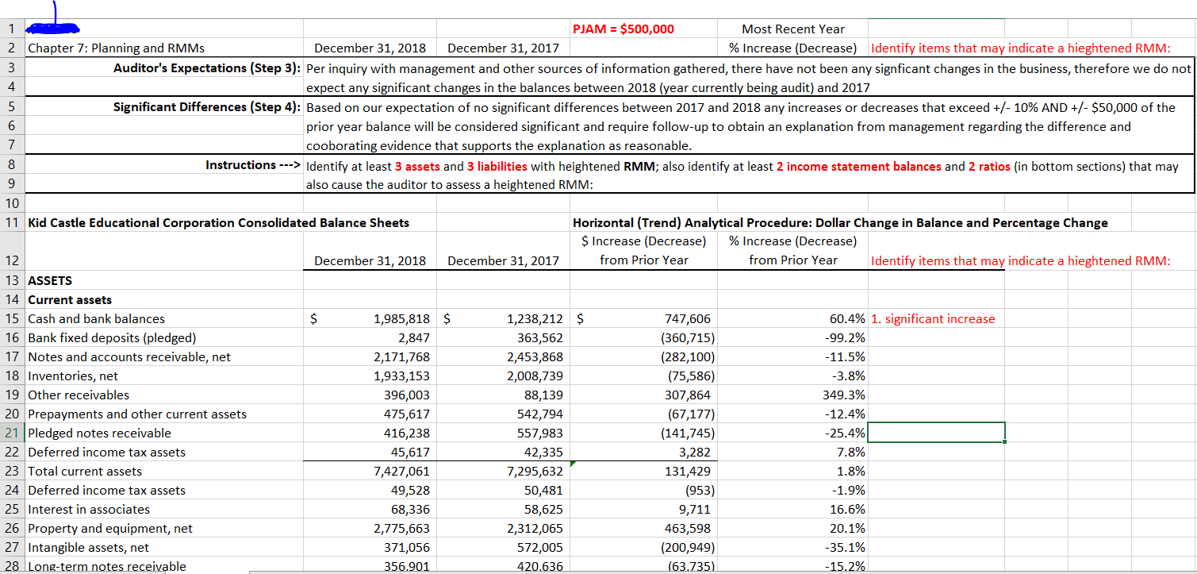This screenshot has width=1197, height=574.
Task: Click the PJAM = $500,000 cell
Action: [x=623, y=29]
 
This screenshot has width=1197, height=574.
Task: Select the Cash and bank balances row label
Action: [x=96, y=319]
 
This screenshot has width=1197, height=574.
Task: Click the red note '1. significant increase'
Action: [x=932, y=319]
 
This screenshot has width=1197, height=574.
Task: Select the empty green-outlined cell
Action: [x=936, y=433]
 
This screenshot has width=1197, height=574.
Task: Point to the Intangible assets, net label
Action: [x=88, y=548]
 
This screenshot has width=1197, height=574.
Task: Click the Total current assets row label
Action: [x=85, y=472]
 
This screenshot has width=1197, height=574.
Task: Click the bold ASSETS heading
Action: [x=49, y=281]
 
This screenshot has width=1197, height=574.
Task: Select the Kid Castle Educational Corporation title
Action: [x=218, y=223]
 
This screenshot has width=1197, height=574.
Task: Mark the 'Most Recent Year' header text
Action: [x=792, y=29]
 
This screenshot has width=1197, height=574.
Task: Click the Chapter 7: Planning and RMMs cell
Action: [x=116, y=48]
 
